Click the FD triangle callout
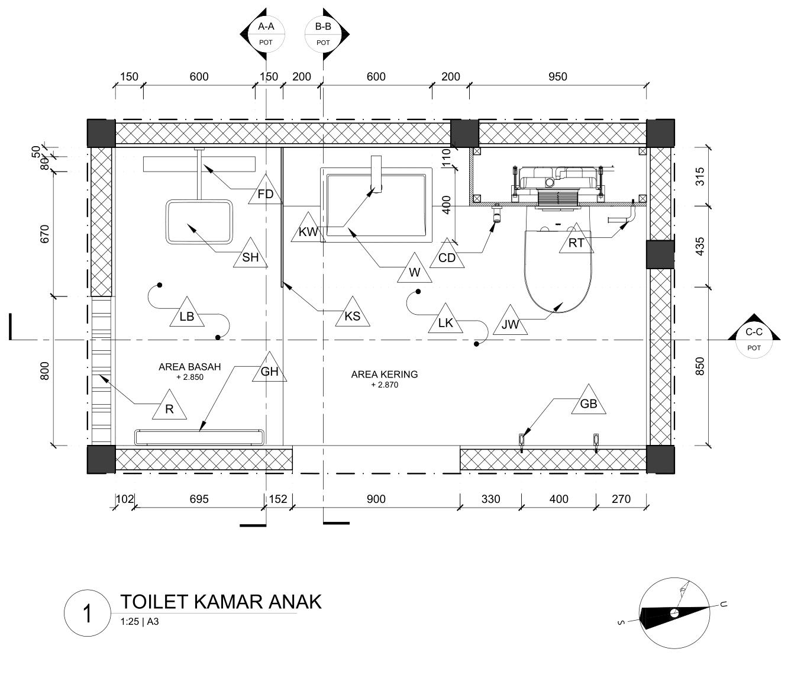[x=266, y=192]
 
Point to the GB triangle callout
[x=589, y=403]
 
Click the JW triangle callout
[x=510, y=323]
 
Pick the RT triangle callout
[x=576, y=241]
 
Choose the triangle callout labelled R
[x=169, y=408]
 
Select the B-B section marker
[x=323, y=34]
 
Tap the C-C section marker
[x=753, y=339]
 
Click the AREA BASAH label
[x=189, y=367]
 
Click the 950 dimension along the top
[x=557, y=76]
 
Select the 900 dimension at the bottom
[x=376, y=499]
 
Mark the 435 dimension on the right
[x=700, y=246]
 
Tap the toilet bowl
[x=558, y=266]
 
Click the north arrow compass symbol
[x=674, y=613]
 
